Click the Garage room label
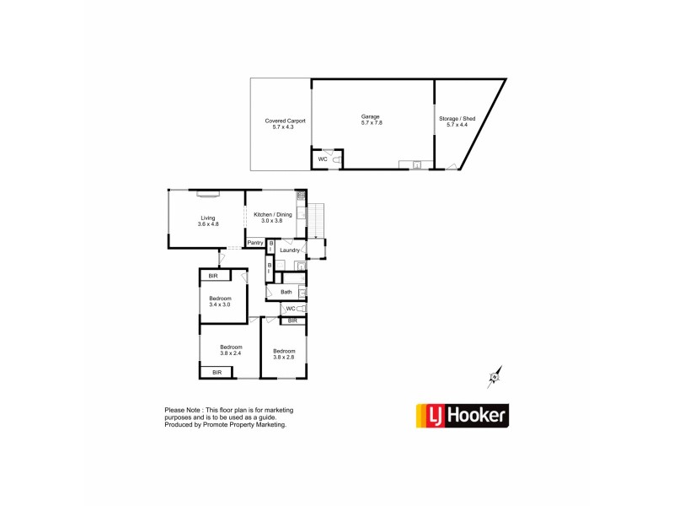[371, 116]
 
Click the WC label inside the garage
[322, 159]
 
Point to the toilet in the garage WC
[336, 159]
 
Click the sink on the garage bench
[416, 165]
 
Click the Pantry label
[254, 244]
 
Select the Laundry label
[290, 250]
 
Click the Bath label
[286, 292]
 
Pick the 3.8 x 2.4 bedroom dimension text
[231, 354]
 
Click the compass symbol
[493, 378]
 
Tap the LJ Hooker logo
[463, 416]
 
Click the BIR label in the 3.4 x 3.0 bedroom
[214, 276]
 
